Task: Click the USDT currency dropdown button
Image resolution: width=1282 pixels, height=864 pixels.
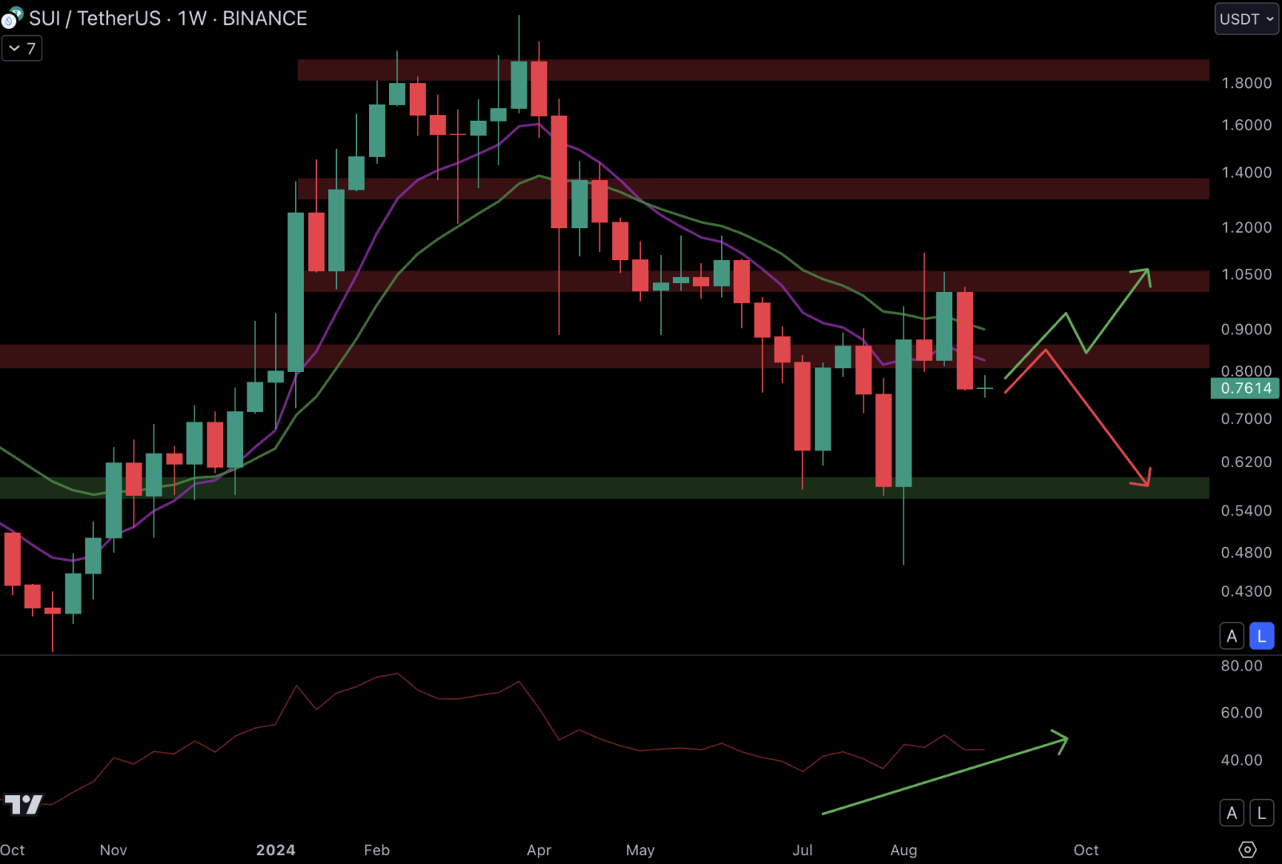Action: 1246,19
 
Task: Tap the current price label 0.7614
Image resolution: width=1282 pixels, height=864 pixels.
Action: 1245,389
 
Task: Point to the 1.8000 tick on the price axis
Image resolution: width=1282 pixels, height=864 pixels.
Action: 1246,83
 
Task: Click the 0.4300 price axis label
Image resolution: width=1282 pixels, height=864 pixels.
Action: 1246,592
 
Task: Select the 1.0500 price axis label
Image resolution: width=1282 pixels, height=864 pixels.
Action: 1246,274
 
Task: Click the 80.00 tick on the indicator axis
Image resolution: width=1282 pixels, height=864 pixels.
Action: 1241,666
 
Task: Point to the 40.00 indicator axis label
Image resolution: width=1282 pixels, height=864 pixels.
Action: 1241,760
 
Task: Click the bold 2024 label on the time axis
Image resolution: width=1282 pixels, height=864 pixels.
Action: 275,850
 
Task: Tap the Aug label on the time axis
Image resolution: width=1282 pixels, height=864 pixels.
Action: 903,850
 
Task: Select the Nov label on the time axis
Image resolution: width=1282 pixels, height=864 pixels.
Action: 113,850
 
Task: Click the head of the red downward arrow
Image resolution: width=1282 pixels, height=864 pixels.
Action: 1145,481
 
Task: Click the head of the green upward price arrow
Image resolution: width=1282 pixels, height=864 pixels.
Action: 1145,273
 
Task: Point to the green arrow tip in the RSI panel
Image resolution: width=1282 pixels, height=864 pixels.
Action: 1064,739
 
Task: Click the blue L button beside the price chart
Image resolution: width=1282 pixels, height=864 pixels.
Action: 1261,636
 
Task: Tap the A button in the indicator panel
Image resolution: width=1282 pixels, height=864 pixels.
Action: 1232,814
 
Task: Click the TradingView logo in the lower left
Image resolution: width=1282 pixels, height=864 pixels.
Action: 23,804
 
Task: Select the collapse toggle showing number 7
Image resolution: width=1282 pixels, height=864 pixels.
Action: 22,49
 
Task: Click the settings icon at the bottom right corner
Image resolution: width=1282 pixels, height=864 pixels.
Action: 1247,850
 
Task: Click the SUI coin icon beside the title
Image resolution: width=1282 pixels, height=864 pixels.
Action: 12,18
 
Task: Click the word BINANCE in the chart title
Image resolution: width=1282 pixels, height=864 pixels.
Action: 264,18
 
